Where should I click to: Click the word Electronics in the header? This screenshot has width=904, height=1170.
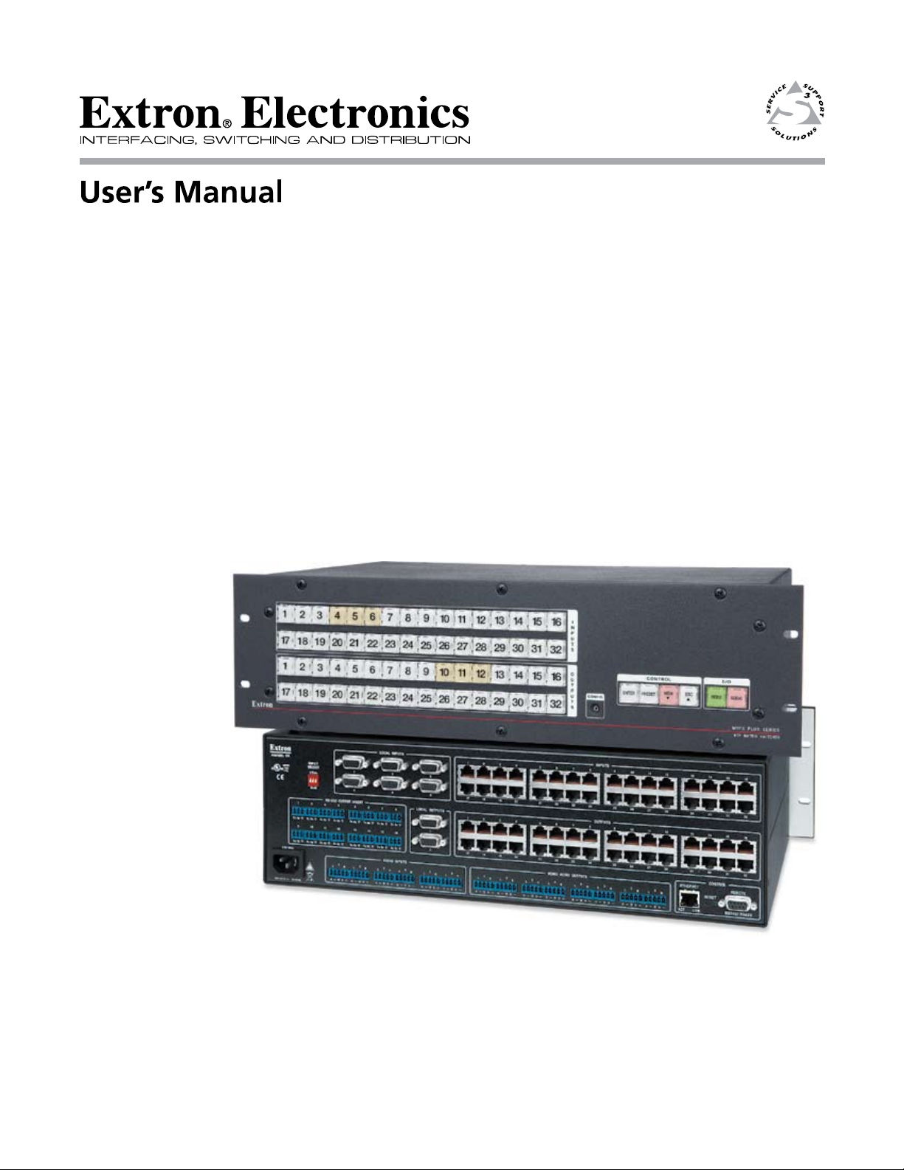(x=356, y=116)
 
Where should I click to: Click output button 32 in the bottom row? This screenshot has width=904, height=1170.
(x=556, y=704)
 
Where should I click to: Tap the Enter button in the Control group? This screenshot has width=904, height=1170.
(x=628, y=695)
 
